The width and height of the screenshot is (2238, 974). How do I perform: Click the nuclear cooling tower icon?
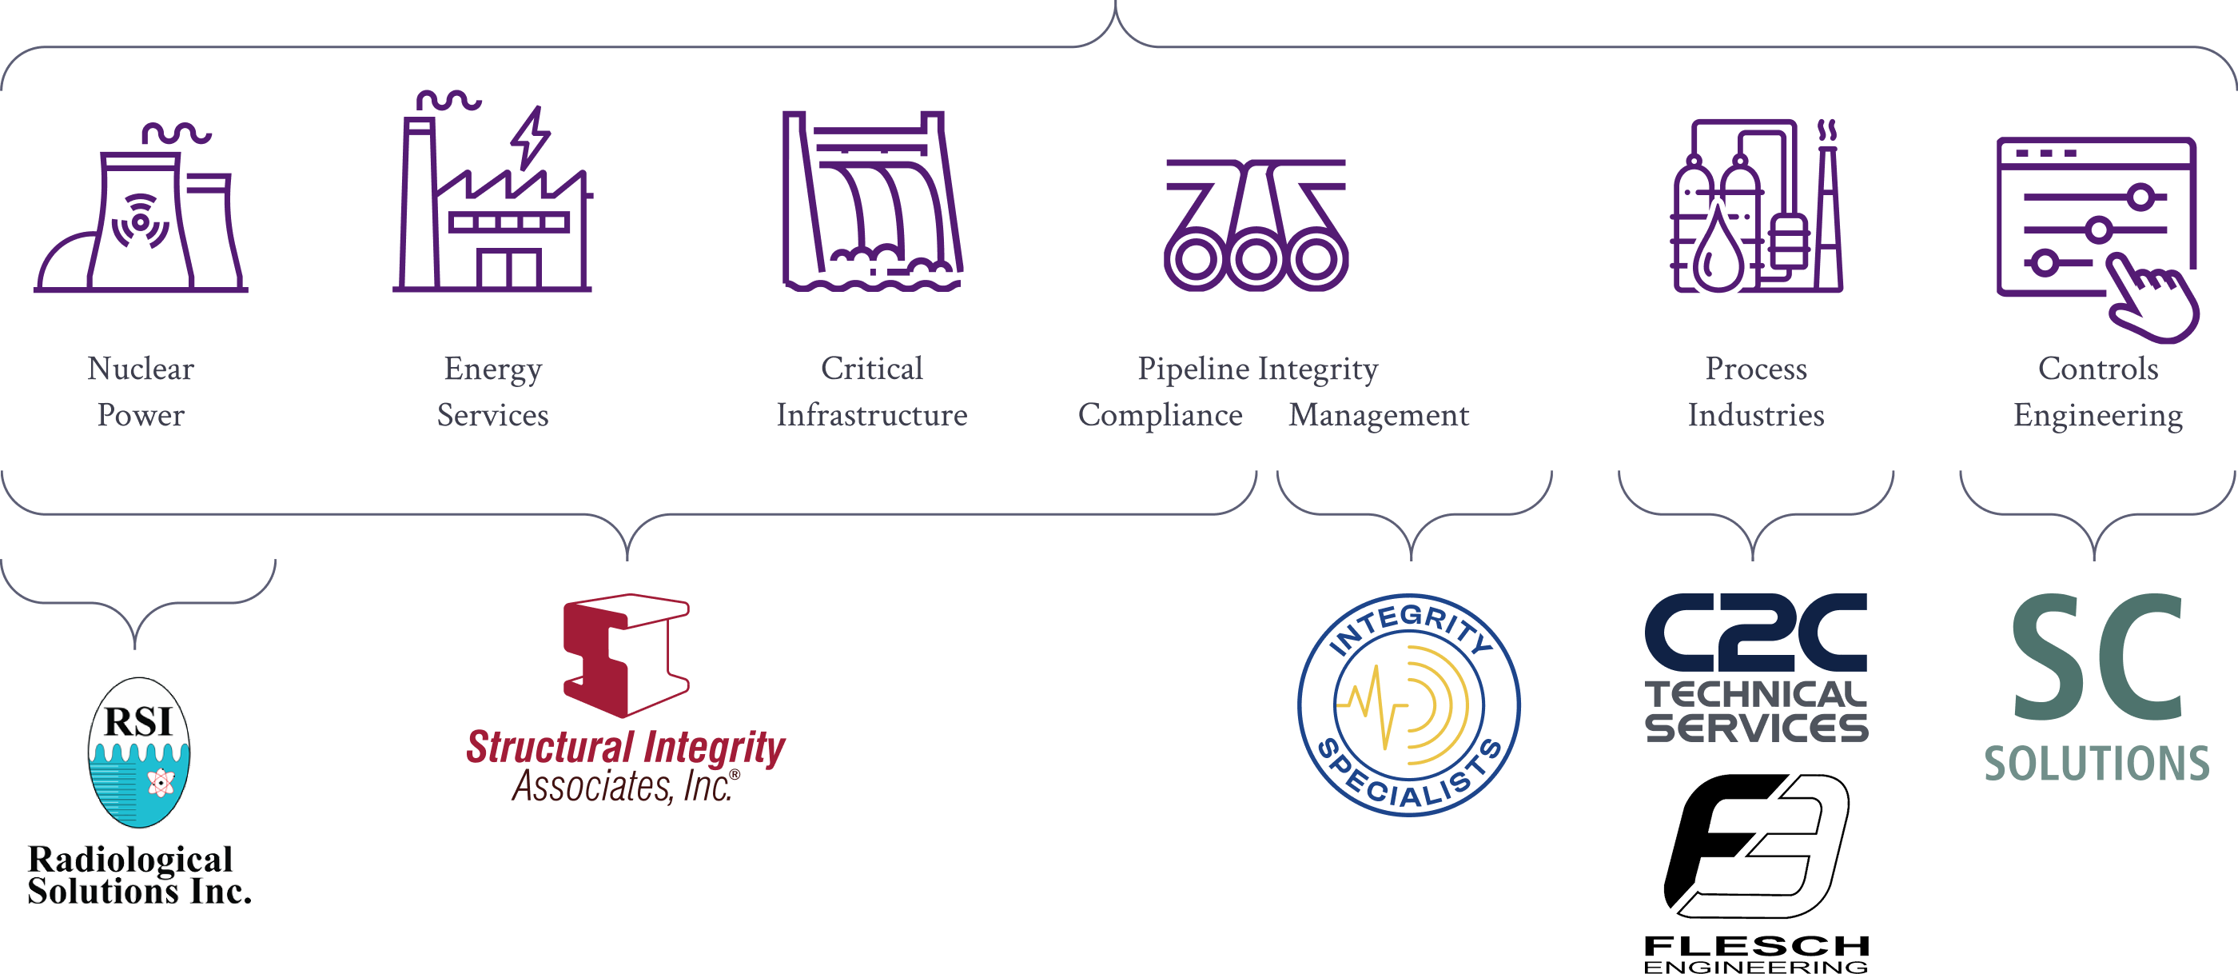coord(141,218)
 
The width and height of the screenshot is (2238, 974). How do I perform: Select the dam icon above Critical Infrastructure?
coord(872,201)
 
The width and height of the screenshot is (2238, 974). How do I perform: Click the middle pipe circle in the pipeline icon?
coord(1256,259)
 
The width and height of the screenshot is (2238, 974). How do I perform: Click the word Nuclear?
coord(141,369)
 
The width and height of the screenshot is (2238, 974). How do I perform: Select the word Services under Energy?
coord(492,415)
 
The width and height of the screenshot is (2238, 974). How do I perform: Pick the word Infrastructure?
coord(871,415)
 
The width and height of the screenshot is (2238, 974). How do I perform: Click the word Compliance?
coord(1160,416)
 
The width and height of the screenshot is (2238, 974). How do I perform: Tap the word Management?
coord(1379,416)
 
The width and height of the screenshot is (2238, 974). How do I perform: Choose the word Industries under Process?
coord(1756,415)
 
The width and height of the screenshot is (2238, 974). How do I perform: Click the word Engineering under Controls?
coord(2098,416)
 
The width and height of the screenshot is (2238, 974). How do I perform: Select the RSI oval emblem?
coord(139,752)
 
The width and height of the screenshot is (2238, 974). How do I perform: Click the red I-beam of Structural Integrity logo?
coord(627,655)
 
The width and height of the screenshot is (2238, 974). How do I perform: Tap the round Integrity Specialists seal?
coord(1408,705)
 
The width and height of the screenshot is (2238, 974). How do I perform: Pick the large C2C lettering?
coord(1756,633)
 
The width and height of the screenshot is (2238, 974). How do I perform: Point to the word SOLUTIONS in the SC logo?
coord(2097,764)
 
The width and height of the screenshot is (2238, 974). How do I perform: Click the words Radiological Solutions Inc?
coord(139,875)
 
